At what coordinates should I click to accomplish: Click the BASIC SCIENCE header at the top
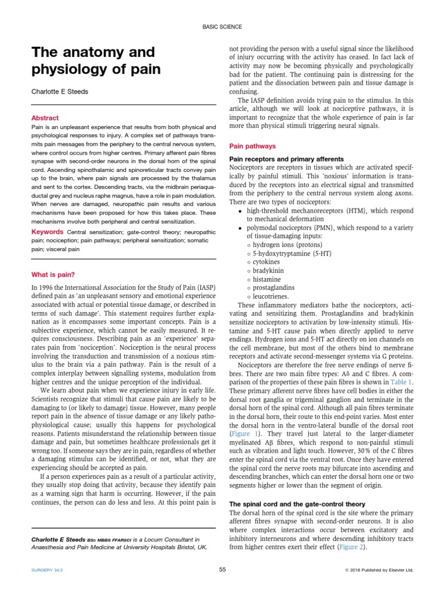point(222,27)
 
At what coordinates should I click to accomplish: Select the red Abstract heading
point(45,117)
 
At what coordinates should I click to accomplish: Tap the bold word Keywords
point(47,232)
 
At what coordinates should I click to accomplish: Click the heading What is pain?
point(53,274)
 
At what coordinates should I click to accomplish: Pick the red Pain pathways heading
point(253,146)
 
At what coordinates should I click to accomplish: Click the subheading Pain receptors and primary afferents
point(287,159)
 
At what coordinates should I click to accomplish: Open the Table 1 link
point(401,382)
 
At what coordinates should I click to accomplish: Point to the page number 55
point(222,570)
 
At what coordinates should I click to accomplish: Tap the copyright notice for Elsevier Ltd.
point(379,571)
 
